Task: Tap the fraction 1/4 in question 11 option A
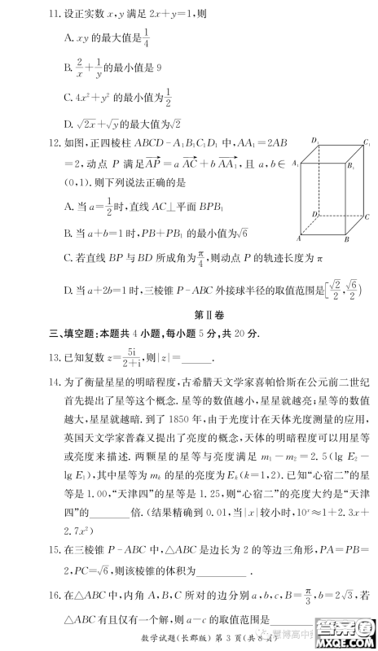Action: pyautogui.click(x=146, y=37)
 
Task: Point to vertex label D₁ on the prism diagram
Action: pyautogui.click(x=311, y=141)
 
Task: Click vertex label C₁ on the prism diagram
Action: pyautogui.click(x=369, y=140)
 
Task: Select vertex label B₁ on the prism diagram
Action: pyautogui.click(x=352, y=165)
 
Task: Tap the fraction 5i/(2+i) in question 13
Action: pyautogui.click(x=135, y=356)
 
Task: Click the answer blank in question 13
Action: pyautogui.click(x=196, y=358)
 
